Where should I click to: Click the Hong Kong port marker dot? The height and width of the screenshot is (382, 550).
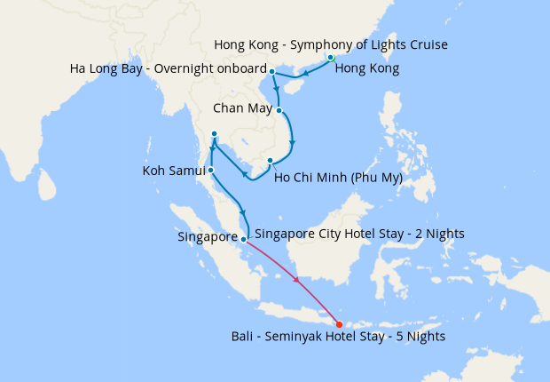point(330,58)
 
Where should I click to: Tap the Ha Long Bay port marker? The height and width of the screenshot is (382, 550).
point(271,71)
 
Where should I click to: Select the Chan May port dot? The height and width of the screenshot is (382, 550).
point(279,111)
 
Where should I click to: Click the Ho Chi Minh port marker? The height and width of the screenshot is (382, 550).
point(271,161)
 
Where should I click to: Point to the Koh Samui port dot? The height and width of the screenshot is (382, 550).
point(210,169)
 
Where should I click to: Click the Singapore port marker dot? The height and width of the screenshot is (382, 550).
point(243,239)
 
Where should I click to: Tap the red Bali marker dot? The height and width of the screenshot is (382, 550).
point(340,324)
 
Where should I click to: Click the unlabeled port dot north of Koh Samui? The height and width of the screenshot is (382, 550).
point(214,134)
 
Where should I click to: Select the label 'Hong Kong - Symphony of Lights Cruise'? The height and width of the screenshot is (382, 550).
point(330,44)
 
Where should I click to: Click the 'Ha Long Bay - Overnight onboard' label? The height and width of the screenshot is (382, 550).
point(169,69)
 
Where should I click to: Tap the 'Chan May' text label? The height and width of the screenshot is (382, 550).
point(242,110)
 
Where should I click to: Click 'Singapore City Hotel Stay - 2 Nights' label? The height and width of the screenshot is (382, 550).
point(359,234)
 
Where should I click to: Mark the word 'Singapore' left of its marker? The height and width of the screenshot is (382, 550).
point(208,239)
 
